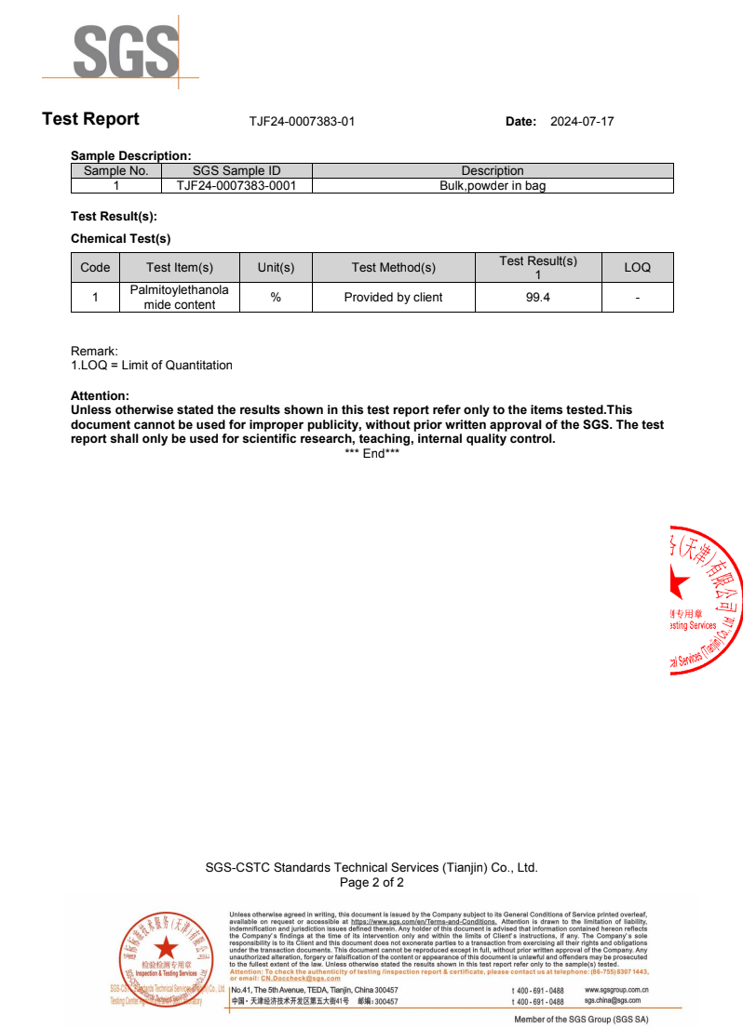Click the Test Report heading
point(90,119)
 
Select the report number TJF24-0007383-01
point(302,122)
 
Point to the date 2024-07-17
point(582,122)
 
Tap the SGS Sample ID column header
point(236,171)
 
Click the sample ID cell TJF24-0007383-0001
point(236,186)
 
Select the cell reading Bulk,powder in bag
point(493,186)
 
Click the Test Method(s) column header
point(393,268)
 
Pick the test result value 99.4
point(538,298)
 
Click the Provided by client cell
point(393,298)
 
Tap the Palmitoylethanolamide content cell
point(179,298)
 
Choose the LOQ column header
point(637,268)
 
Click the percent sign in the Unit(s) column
point(276,298)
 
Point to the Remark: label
point(94,352)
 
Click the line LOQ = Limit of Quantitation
point(155,366)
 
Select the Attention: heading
point(100,396)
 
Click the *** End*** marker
point(371,453)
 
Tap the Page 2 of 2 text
point(371,883)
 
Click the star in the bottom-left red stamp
point(166,948)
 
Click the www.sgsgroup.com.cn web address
point(616,991)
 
